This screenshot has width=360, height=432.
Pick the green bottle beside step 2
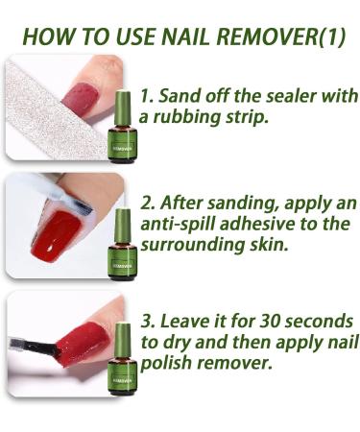click(122, 245)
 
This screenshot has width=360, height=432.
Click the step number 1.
click(145, 97)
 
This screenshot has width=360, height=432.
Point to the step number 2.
click(147, 204)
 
